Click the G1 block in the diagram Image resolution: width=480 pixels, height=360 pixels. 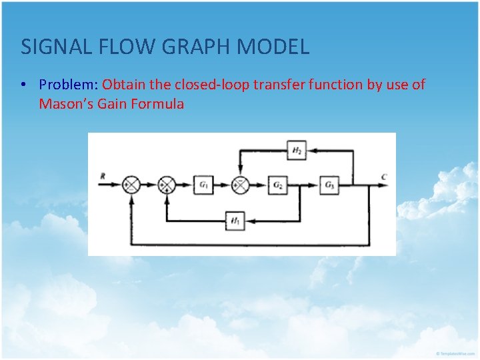click(203, 185)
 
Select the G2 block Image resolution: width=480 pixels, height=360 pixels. click(277, 185)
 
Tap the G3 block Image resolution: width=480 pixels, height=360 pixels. click(329, 185)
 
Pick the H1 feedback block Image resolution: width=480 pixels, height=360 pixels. click(235, 221)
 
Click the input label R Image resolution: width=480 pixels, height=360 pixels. click(103, 177)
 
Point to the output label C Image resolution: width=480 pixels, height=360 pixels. click(383, 177)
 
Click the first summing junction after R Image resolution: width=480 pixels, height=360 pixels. click(132, 185)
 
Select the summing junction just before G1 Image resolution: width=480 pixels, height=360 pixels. click(165, 185)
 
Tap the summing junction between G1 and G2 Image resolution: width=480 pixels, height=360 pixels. click(240, 185)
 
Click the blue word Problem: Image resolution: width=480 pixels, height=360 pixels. click(69, 85)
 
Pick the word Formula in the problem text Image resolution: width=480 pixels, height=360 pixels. click(157, 103)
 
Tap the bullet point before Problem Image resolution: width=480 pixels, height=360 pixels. click(23, 85)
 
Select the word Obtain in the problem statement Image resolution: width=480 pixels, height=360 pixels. click(124, 85)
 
